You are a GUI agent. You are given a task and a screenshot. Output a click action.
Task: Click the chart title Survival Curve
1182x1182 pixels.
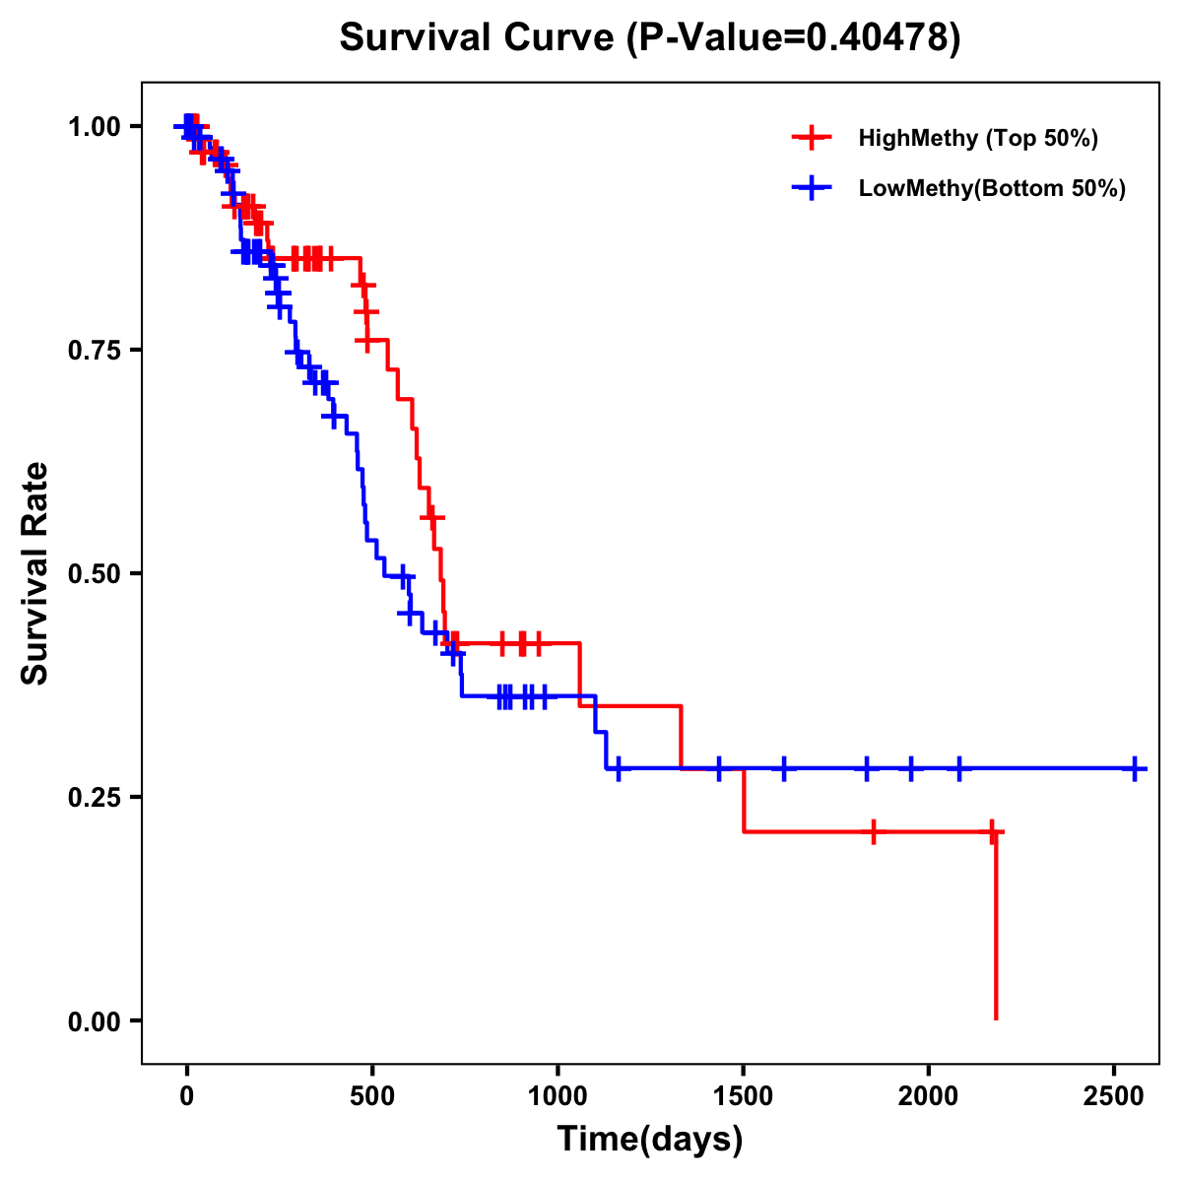[480, 38]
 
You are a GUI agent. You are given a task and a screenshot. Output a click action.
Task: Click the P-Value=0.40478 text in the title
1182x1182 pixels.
[796, 38]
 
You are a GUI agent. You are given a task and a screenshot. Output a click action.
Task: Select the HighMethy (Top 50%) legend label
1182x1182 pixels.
[977, 138]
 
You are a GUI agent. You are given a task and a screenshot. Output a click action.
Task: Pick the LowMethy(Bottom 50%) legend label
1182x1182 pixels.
[991, 188]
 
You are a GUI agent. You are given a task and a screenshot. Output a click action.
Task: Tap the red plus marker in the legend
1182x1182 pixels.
[811, 138]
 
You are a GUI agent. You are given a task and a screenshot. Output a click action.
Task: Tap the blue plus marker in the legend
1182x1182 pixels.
[811, 188]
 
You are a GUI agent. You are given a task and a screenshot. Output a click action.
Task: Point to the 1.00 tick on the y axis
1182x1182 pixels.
[94, 126]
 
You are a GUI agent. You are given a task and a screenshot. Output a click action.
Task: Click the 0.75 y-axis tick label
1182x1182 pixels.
[94, 350]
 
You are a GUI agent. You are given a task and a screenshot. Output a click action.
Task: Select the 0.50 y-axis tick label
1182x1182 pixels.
[94, 573]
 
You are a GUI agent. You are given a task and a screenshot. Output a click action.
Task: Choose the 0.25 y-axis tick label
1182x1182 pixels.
[94, 797]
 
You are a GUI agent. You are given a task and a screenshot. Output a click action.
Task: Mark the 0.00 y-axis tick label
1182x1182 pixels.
[94, 1020]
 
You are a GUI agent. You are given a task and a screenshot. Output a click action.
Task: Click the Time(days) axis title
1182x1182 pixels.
[650, 1140]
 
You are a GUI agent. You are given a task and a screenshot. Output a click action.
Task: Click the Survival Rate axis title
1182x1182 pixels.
[36, 573]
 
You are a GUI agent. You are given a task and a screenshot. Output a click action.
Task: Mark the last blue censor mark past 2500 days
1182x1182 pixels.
[1135, 768]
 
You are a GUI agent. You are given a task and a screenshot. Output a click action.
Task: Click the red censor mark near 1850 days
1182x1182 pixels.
[873, 831]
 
